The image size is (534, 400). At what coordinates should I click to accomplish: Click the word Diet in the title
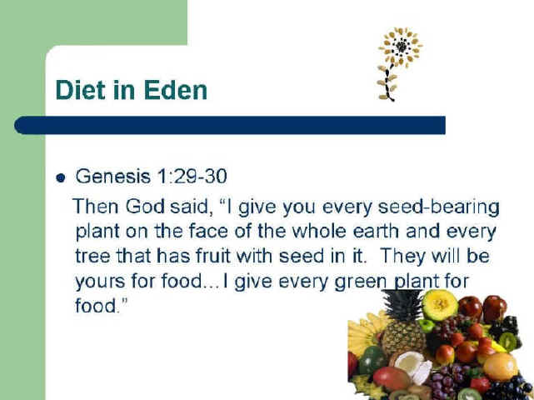(x=80, y=90)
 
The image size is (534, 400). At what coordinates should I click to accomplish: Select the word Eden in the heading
(x=176, y=90)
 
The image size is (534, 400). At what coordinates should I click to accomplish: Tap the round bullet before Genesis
(x=61, y=177)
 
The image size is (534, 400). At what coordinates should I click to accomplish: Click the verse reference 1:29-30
(x=192, y=177)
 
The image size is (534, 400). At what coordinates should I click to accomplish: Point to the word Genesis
(x=112, y=177)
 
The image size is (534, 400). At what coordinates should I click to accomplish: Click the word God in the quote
(x=145, y=207)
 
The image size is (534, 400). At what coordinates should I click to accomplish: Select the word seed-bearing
(x=439, y=207)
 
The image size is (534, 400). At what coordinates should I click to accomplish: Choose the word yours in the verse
(x=100, y=282)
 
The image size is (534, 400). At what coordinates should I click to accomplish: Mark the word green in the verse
(x=361, y=282)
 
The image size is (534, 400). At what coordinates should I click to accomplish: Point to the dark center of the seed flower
(x=402, y=47)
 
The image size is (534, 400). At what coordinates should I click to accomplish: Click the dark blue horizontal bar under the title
(x=230, y=125)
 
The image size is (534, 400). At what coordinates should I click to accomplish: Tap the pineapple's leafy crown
(x=403, y=304)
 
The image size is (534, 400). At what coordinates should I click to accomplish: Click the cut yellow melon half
(x=440, y=304)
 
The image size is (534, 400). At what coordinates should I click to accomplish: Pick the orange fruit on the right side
(x=501, y=367)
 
